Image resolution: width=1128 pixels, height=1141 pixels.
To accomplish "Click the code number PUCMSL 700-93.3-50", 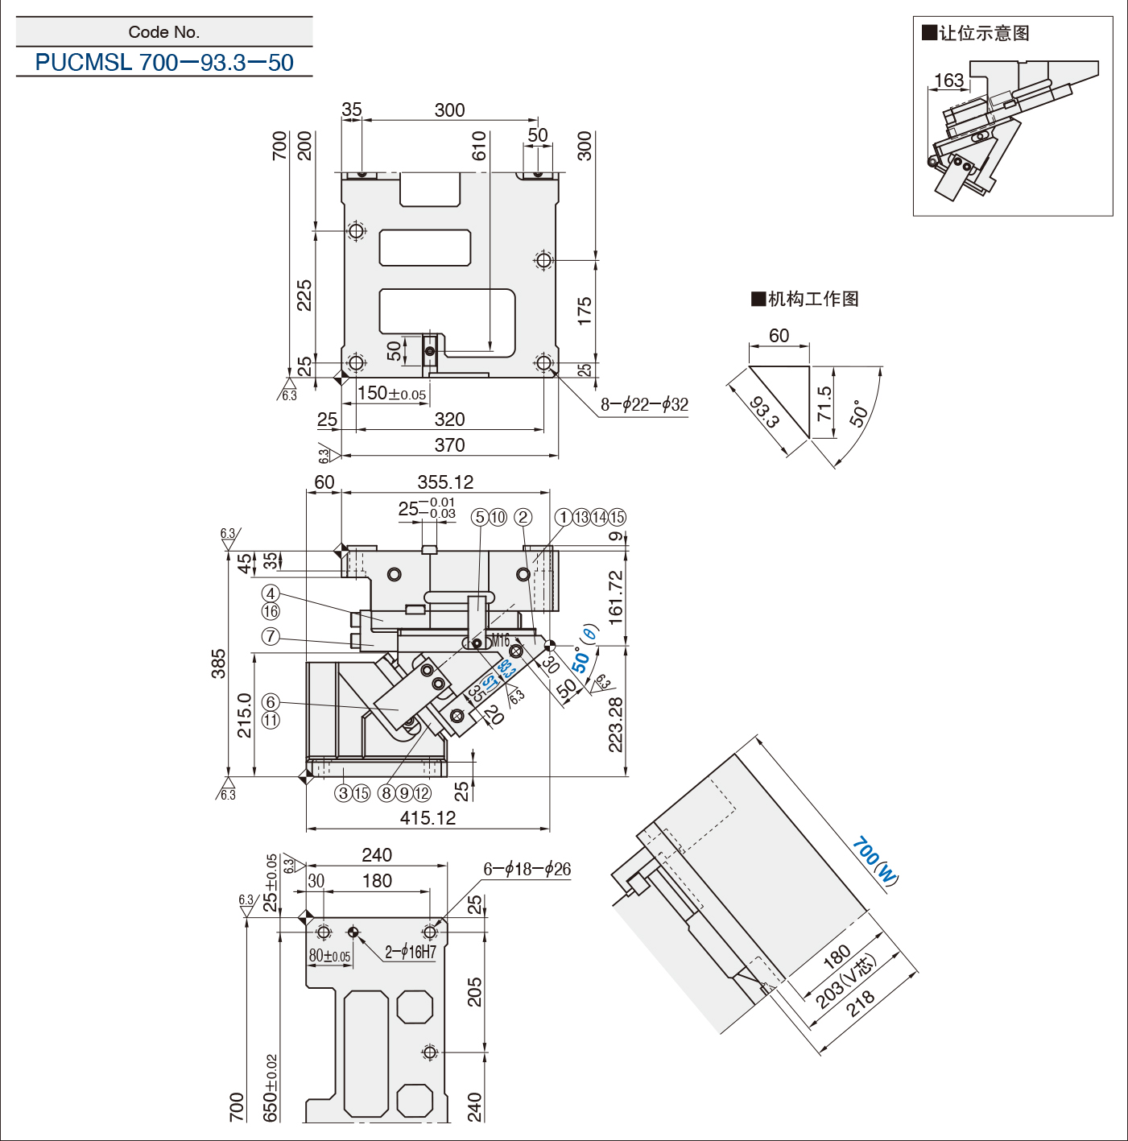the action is click(x=164, y=62).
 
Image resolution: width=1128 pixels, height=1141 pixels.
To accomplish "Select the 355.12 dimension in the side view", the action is click(x=445, y=482).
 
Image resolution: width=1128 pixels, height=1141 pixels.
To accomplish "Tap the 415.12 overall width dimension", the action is click(x=428, y=818).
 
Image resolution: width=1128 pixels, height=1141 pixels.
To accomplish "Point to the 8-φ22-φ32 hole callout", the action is click(x=644, y=404).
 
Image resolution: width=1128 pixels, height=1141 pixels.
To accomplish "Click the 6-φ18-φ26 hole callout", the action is click(x=527, y=869).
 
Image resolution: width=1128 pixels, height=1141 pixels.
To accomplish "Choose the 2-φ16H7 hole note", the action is click(x=411, y=952).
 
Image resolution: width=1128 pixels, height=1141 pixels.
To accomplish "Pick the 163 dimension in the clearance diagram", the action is click(x=949, y=80).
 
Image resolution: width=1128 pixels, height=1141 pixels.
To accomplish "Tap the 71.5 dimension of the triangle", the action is click(x=824, y=403).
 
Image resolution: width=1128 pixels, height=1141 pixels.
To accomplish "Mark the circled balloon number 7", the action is click(x=271, y=636).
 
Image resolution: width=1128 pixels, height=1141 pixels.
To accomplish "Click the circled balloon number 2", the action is click(x=523, y=517).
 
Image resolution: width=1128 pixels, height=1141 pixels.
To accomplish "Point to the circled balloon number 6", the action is click(x=271, y=701).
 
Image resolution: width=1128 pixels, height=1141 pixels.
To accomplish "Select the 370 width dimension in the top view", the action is click(x=449, y=444).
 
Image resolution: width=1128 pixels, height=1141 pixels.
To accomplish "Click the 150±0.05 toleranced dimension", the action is click(x=392, y=393).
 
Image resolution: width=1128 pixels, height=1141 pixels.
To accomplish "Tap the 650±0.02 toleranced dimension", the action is click(x=270, y=1088).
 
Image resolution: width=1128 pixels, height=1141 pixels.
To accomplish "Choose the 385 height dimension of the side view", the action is click(x=218, y=664).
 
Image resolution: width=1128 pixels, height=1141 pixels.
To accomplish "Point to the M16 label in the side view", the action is click(x=500, y=640).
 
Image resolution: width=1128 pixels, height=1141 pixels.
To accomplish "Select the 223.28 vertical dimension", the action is click(x=616, y=724).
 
